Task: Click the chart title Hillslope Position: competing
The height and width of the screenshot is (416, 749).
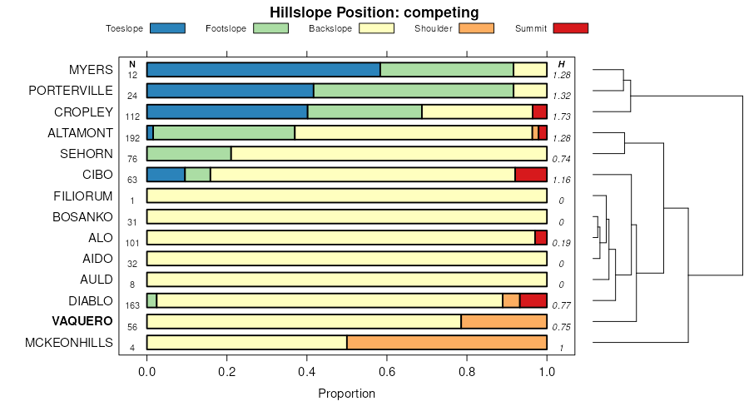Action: [x=374, y=12]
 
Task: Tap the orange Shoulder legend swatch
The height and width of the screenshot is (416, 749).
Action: [x=476, y=28]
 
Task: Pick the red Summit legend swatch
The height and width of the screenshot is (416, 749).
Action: [x=569, y=28]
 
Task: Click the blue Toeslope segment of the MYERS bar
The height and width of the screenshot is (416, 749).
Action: [x=263, y=69]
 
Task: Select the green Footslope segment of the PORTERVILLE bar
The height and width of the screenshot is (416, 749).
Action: [x=413, y=91]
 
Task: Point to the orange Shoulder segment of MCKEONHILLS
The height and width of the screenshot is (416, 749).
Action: [x=446, y=343]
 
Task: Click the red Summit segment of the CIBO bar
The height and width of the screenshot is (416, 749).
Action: [x=531, y=175]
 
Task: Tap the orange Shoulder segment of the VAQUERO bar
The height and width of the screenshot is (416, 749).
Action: [x=503, y=322]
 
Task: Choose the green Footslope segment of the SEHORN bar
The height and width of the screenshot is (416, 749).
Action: [x=189, y=153]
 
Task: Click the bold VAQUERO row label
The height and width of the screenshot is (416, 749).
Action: [x=82, y=322]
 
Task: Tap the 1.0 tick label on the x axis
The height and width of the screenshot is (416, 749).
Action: [x=547, y=371]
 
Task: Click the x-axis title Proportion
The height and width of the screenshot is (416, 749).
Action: [x=346, y=394]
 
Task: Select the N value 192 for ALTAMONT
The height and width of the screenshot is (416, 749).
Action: [x=132, y=138]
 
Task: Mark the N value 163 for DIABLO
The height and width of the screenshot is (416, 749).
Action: [x=132, y=306]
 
